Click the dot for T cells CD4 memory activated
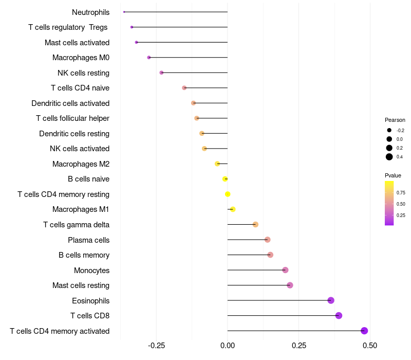[364, 331]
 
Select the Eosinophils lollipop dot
[331, 300]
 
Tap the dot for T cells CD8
[339, 315]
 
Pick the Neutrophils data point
[124, 12]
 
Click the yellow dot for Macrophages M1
[233, 209]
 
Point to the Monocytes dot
[285, 270]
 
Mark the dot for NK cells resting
[161, 73]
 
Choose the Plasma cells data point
[267, 240]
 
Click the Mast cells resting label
[81, 285]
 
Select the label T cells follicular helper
[72, 118]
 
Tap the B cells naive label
[88, 179]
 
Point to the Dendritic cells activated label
[70, 103]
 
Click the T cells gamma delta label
[76, 225]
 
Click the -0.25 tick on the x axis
[156, 346]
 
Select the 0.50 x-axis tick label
[369, 346]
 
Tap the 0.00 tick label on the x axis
[228, 346]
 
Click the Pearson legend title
[395, 120]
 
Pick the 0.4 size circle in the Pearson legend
[389, 157]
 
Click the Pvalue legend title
[393, 175]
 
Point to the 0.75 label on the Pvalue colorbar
[401, 193]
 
